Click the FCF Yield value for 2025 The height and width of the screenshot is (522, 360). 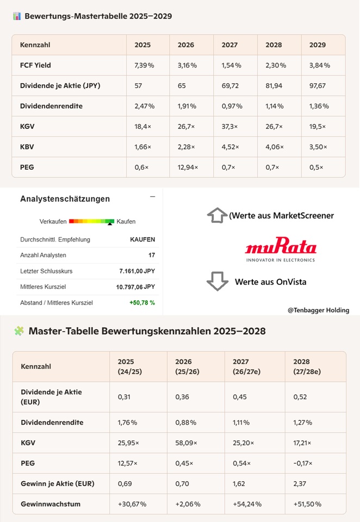point(144,65)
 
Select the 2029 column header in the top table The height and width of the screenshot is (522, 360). point(318,45)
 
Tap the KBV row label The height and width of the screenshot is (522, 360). point(27,147)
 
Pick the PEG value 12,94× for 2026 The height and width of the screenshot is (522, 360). point(188,167)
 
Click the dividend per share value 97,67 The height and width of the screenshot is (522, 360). point(318,85)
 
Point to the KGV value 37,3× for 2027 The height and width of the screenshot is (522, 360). point(229,127)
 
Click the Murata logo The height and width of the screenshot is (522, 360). point(281,250)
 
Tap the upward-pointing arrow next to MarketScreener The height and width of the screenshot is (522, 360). point(217,215)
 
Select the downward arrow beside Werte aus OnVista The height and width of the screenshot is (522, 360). point(217,281)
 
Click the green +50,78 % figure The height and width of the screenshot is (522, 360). point(142,303)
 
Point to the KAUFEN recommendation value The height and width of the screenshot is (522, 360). point(142,239)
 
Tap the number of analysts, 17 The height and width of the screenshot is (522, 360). point(152,255)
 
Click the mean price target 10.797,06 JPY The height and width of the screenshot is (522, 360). point(135,287)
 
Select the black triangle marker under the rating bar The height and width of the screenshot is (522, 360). point(110,224)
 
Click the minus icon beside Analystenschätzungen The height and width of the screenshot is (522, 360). point(152,197)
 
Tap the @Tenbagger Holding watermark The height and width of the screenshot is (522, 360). point(318,310)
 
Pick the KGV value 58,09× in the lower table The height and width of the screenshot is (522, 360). point(186,443)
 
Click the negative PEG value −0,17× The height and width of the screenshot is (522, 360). point(303,463)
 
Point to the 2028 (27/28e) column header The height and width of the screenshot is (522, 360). point(307,366)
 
